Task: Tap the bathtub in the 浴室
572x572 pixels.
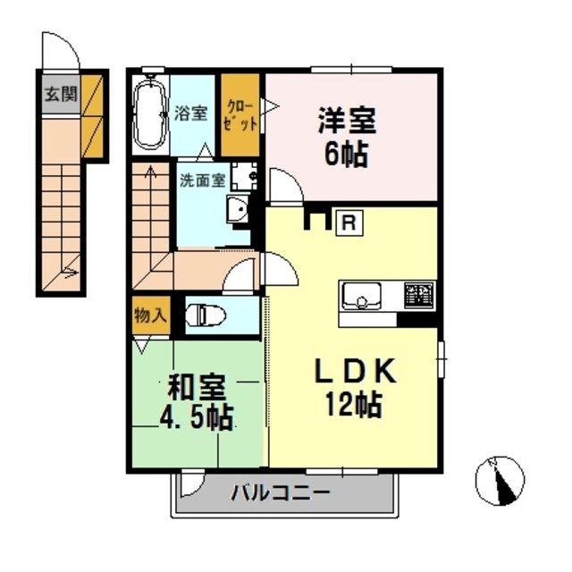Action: (x=149, y=115)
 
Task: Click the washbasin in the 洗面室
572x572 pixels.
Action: (x=237, y=212)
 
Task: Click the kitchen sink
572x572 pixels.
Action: (x=361, y=294)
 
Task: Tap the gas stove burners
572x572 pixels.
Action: (x=418, y=294)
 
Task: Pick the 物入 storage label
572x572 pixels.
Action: (x=150, y=315)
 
